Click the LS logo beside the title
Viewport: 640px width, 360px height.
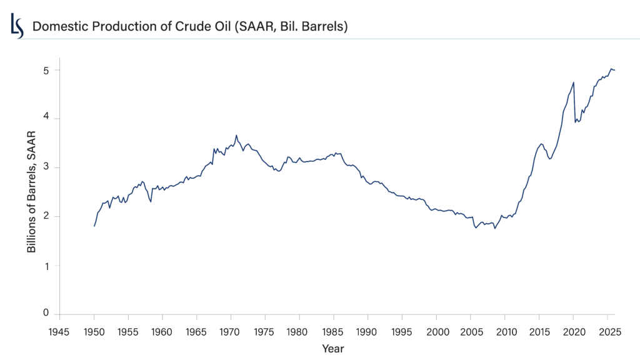pos(17,26)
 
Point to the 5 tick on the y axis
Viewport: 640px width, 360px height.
pos(46,70)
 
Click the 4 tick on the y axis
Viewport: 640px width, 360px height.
pos(46,119)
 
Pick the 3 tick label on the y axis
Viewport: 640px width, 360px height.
pos(46,167)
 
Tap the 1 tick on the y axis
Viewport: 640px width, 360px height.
pos(46,266)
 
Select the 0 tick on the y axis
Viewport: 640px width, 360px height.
pos(46,312)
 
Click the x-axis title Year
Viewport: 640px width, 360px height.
pos(332,347)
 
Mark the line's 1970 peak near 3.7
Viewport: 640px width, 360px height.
pos(236,135)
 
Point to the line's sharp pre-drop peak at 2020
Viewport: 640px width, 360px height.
pos(573,82)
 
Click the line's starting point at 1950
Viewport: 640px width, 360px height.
pos(94,226)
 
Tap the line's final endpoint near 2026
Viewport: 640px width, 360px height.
pos(614,70)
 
